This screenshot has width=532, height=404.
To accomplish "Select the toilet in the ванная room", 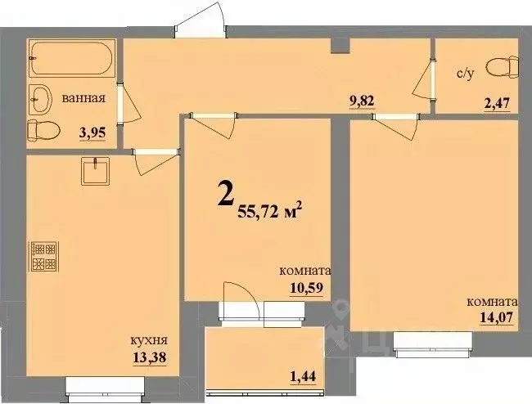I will click(40, 129).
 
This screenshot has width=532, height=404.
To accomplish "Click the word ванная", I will click(84, 99).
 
